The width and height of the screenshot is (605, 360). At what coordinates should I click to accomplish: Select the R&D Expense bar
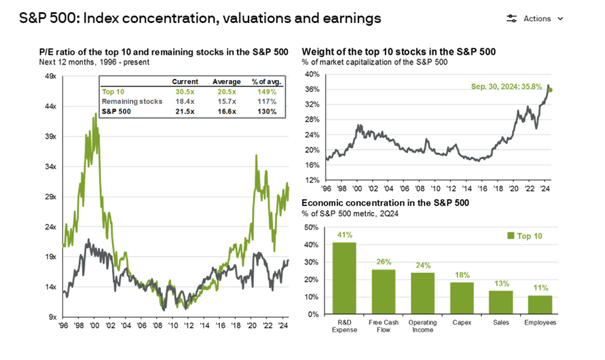(x=344, y=278)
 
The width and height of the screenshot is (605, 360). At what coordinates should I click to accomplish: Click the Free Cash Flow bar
(x=383, y=291)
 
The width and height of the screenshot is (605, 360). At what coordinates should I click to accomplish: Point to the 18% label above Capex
(x=461, y=274)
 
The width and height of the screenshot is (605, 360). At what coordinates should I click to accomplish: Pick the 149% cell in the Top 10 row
(x=266, y=91)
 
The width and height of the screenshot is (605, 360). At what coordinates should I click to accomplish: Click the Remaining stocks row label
(x=132, y=101)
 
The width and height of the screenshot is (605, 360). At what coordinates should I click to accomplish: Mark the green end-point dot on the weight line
(x=550, y=90)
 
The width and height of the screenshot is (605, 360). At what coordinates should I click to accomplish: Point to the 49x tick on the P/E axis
(x=51, y=77)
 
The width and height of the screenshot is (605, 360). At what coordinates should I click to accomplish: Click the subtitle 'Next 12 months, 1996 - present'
(x=105, y=62)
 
